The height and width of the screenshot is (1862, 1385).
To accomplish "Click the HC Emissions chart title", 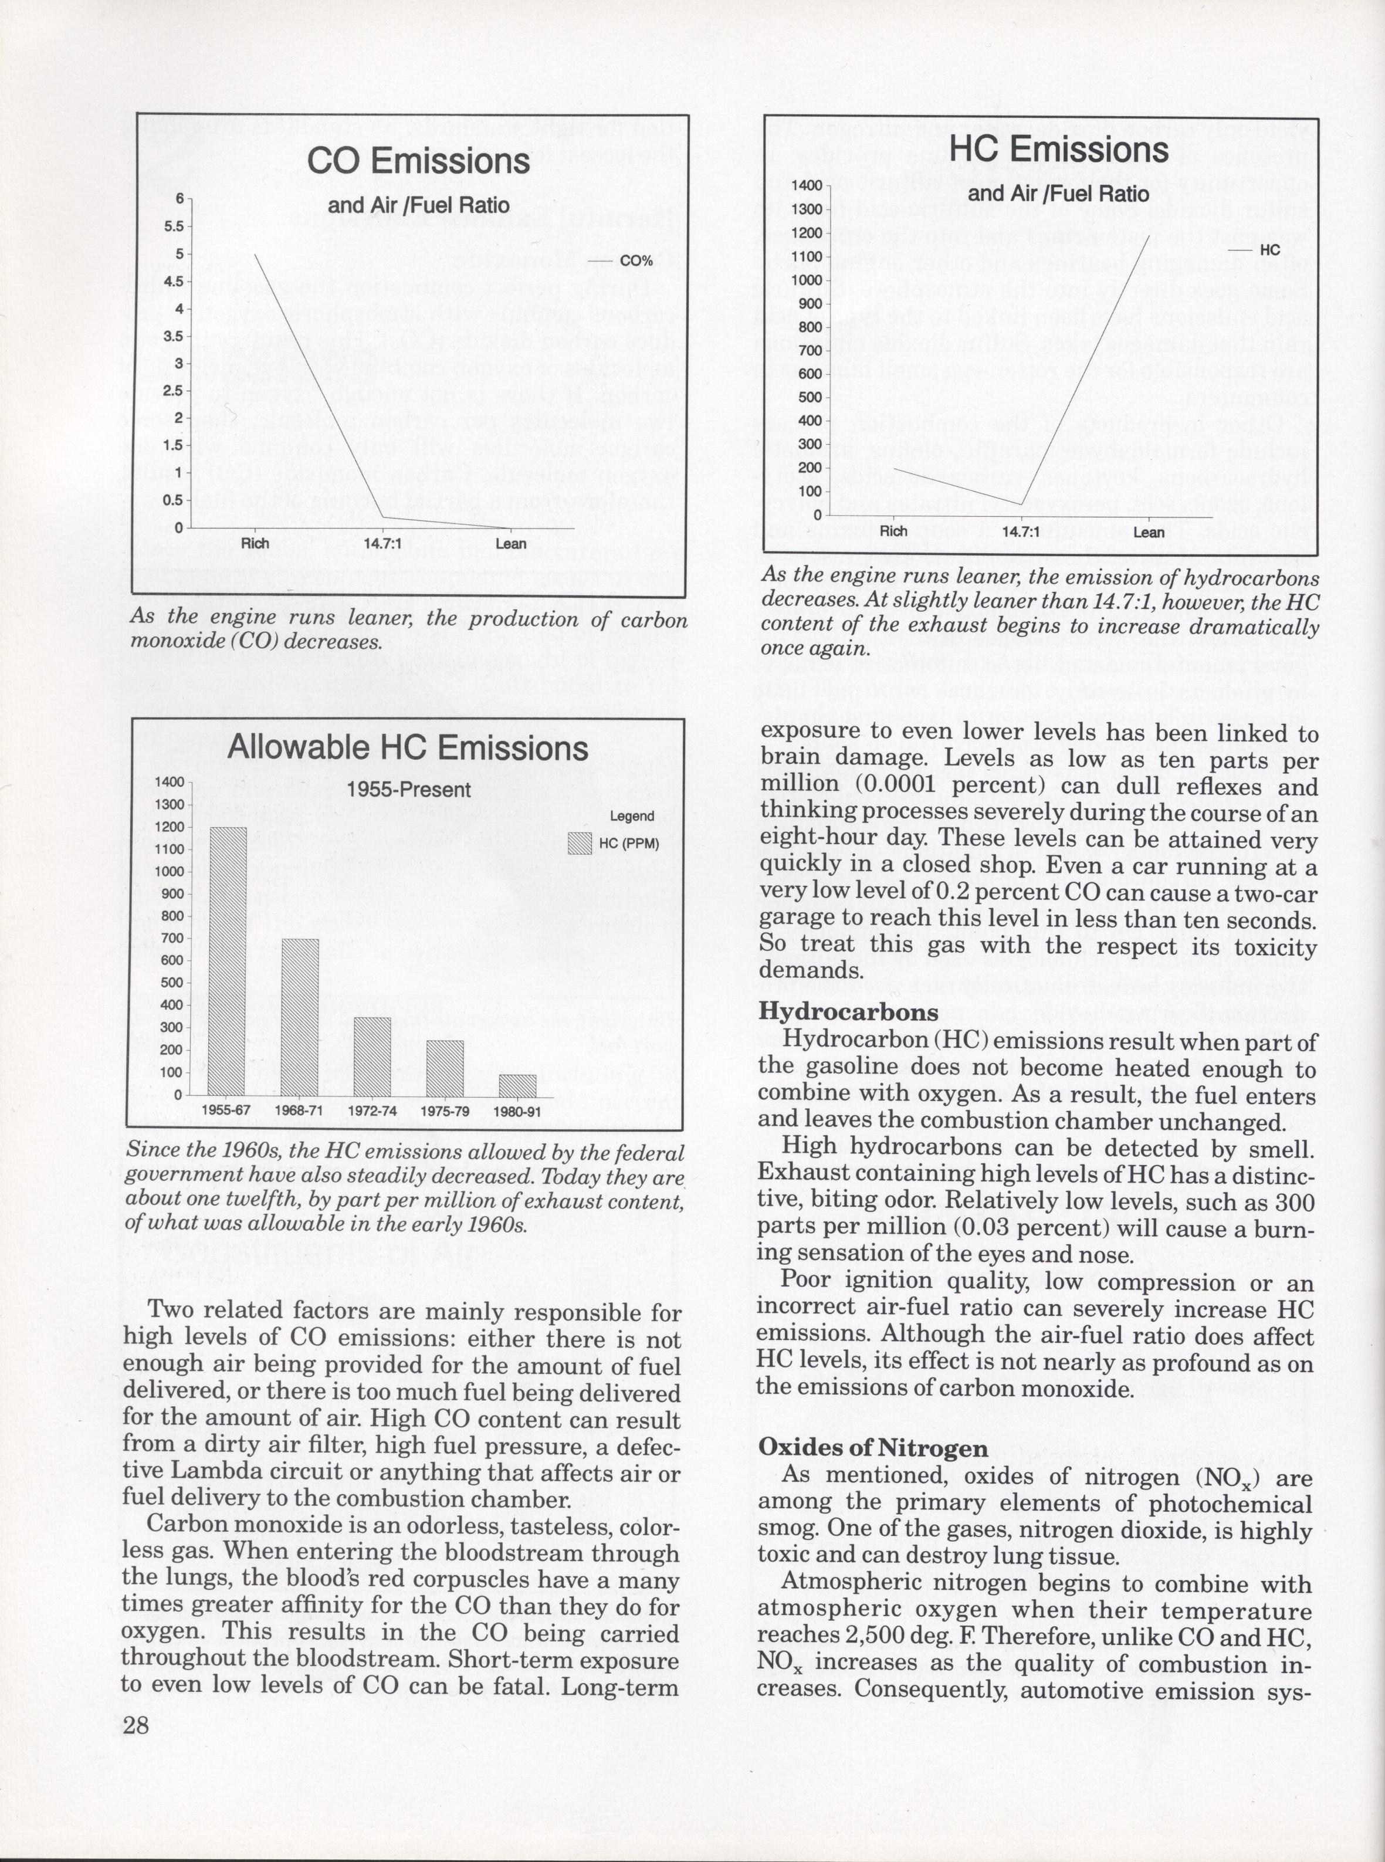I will click(x=1058, y=151).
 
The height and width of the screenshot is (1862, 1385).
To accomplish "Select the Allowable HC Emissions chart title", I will click(x=408, y=749).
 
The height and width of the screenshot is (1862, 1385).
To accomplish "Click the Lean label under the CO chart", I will click(x=510, y=544).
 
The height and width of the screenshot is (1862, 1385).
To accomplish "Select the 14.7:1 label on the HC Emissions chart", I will click(x=1020, y=531).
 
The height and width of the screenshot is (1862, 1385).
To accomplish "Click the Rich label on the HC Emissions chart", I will click(x=894, y=531).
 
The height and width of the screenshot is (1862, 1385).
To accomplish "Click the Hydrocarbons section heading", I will click(x=848, y=1012).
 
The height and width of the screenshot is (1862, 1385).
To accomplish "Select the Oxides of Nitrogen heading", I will click(x=873, y=1448).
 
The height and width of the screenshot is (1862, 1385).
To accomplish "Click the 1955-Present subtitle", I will click(x=408, y=790).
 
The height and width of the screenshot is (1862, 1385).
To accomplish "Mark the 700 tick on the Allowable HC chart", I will click(x=172, y=938).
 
